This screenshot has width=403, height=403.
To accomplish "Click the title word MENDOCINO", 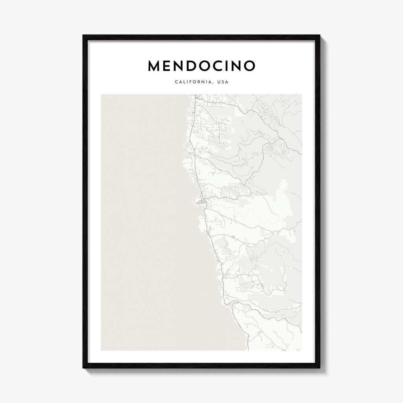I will (x=201, y=66).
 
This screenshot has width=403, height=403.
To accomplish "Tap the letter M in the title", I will (x=155, y=66).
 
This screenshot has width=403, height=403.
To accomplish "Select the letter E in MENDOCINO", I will (x=169, y=66).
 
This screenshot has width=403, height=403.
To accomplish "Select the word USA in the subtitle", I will (x=223, y=83).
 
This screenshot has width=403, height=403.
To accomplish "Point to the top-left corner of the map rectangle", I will (x=101, y=94).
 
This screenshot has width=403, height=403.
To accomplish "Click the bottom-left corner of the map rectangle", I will (x=101, y=350).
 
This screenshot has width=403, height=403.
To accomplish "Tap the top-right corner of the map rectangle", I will (x=302, y=94).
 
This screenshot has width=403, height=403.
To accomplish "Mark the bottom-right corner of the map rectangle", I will (x=302, y=350).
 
